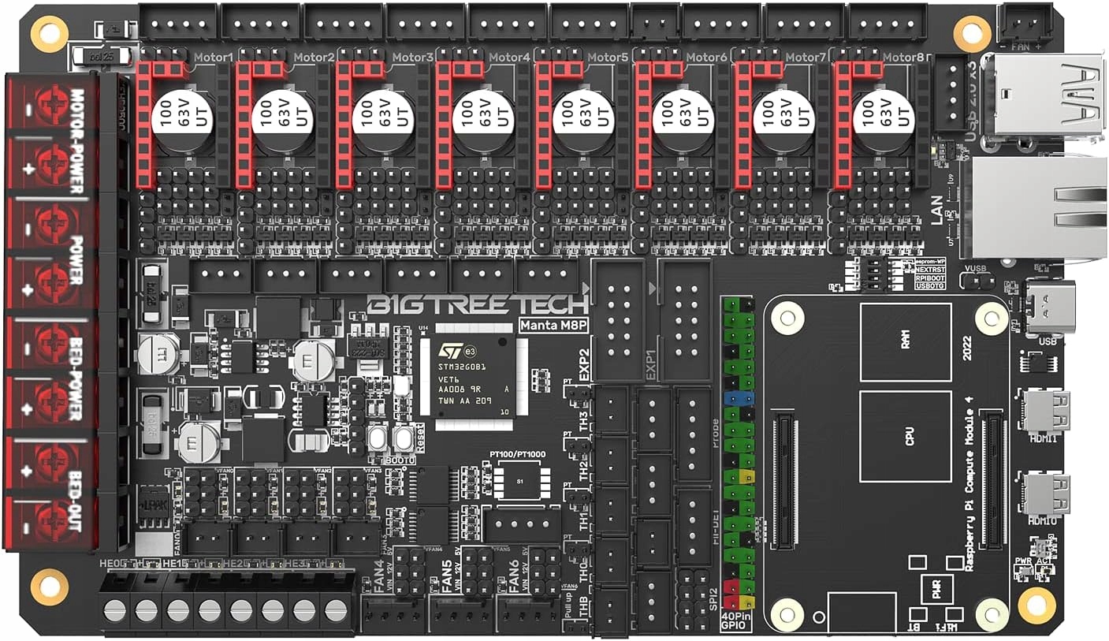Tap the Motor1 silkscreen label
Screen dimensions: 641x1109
coord(213,58)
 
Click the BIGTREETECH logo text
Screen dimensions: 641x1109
coord(478,304)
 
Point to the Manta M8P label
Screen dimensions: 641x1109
coord(551,325)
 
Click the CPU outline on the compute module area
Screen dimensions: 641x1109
coord(910,436)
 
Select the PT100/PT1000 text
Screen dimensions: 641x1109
coord(517,455)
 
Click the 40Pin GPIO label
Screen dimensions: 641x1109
coord(738,621)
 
